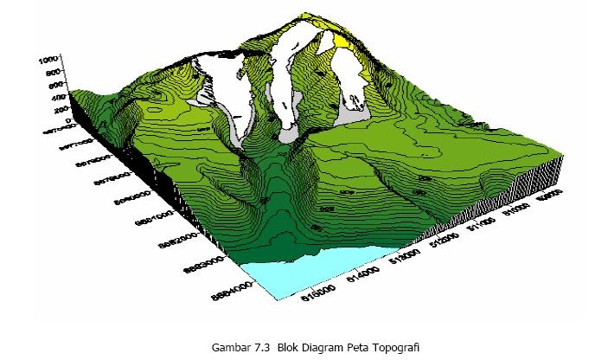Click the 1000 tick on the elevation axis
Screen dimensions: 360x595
click(x=48, y=61)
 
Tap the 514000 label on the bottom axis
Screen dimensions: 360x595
click(x=364, y=273)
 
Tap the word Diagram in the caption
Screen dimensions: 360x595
click(x=322, y=347)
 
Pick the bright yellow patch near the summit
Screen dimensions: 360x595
click(x=342, y=40)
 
